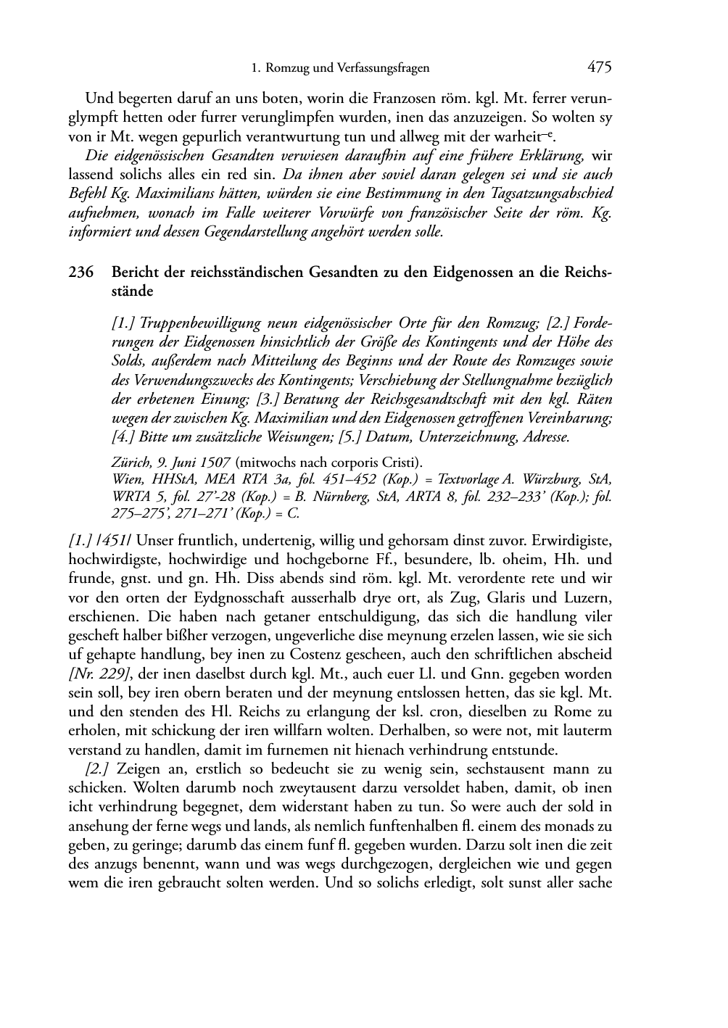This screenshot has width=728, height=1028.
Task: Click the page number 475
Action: pos(600,67)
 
